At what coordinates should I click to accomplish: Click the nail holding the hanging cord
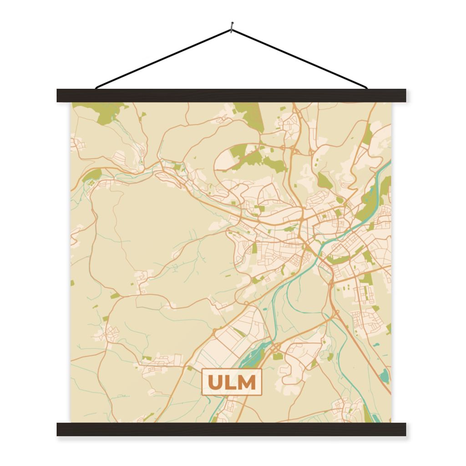click(x=232, y=26)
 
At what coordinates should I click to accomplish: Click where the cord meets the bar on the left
click(x=97, y=87)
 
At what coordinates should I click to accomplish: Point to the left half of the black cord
click(x=164, y=58)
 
